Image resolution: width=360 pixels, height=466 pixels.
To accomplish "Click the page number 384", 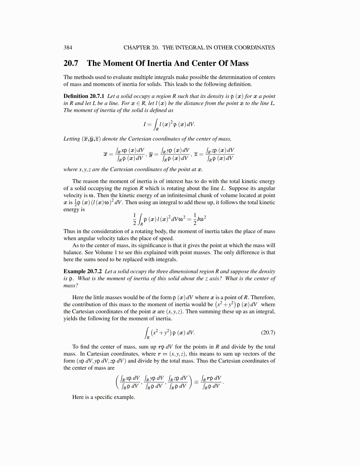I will pos(68,48).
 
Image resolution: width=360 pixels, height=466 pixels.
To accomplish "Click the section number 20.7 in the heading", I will pos(71,63).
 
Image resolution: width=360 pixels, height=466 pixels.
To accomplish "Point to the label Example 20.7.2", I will pos(83,272).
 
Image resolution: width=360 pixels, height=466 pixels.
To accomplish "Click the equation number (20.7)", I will pos(268,333).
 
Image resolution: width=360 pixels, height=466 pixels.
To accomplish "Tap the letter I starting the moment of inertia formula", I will pos(145,124).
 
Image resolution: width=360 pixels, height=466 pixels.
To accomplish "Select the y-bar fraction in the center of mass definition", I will pos(176,154).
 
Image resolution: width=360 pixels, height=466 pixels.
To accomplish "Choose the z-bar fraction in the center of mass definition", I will pos(220,154).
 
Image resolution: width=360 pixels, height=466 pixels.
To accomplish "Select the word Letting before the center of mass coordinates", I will pos(72,139).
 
